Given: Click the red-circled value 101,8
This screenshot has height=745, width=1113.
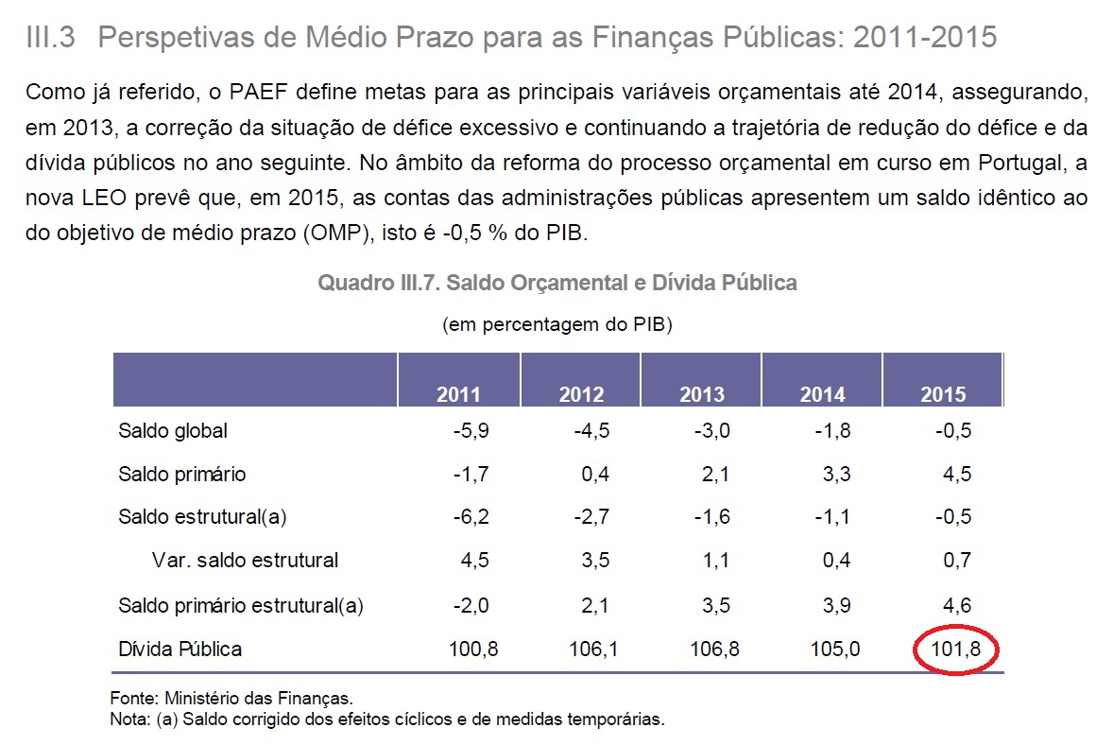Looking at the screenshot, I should point(952,650).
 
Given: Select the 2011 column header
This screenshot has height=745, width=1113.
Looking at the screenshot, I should point(458,395).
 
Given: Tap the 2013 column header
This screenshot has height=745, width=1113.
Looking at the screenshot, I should point(702,395).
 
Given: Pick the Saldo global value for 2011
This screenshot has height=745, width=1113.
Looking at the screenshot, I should point(471,431).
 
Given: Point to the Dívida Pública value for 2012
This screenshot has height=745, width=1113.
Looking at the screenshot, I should point(593,650).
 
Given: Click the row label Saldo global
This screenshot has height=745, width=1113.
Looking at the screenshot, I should point(173,431).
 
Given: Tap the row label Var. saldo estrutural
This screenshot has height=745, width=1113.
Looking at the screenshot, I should point(245,560).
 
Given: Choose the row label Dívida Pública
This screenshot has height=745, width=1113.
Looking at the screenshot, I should point(180,650).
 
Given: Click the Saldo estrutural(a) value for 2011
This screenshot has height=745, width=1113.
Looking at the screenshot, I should point(471,517).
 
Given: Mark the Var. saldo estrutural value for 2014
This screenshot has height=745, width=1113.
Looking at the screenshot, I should point(836,560).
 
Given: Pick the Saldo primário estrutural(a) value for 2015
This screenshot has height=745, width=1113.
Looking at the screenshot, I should point(957,606).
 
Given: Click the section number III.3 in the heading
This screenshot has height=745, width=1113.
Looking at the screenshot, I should point(54,38).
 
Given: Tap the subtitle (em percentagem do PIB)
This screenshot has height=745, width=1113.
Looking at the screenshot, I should point(557,325).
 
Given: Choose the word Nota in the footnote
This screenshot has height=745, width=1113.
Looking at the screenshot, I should point(129,719).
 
